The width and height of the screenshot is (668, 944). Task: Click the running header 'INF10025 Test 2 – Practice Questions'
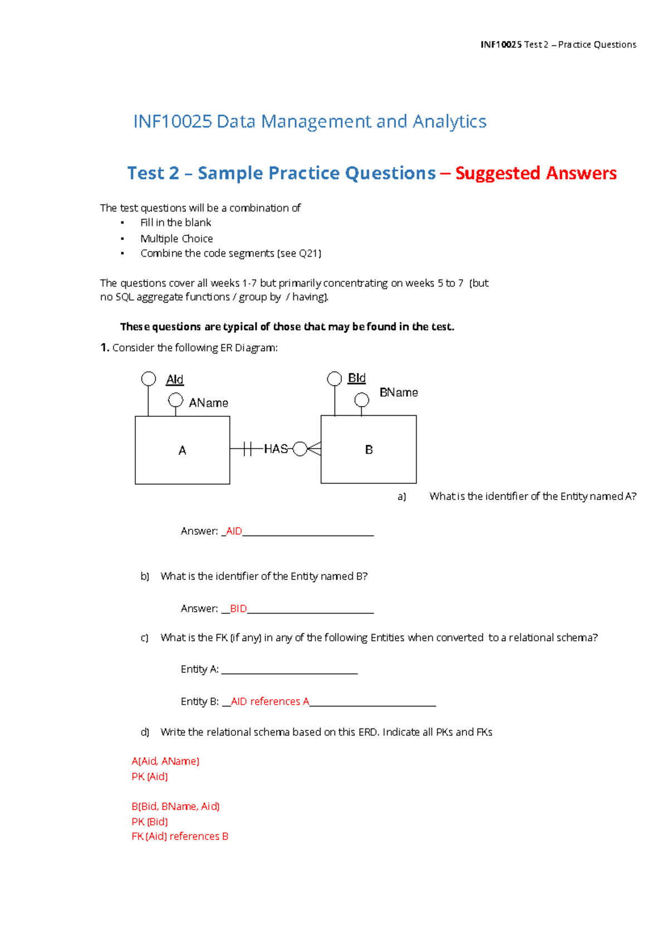pyautogui.click(x=558, y=45)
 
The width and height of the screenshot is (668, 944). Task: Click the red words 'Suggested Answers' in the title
pyautogui.click(x=536, y=173)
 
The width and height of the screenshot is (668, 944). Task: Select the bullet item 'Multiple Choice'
pyautogui.click(x=176, y=239)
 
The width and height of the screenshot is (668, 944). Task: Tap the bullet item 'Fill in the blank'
pyautogui.click(x=175, y=223)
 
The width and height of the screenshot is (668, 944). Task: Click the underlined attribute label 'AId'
pyautogui.click(x=175, y=380)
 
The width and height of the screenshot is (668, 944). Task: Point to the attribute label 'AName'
pyautogui.click(x=208, y=403)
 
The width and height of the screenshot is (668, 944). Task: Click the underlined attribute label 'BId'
pyautogui.click(x=356, y=378)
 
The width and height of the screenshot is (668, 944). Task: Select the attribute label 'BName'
pyautogui.click(x=399, y=393)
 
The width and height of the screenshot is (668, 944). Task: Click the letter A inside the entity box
pyautogui.click(x=182, y=450)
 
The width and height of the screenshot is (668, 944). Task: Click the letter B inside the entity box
pyautogui.click(x=369, y=450)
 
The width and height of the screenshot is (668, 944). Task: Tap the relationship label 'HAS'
pyautogui.click(x=276, y=449)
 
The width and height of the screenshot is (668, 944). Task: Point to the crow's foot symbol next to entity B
pyautogui.click(x=314, y=449)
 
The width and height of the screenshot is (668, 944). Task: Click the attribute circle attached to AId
pyautogui.click(x=149, y=379)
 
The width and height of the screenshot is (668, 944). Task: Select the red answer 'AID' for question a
pyautogui.click(x=234, y=532)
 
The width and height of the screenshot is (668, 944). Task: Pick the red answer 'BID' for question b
pyautogui.click(x=238, y=609)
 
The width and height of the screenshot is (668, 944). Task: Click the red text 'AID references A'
pyautogui.click(x=270, y=702)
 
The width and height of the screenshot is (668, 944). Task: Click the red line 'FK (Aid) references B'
pyautogui.click(x=180, y=837)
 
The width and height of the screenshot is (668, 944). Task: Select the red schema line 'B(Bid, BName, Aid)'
pyautogui.click(x=175, y=807)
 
